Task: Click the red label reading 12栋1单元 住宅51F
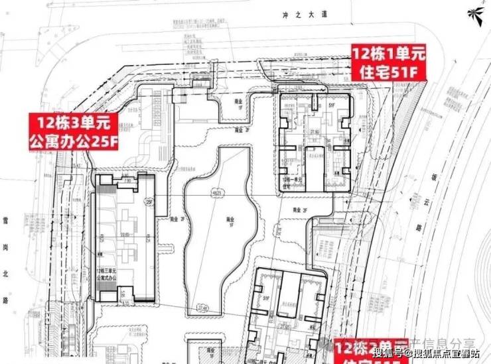point(388,63)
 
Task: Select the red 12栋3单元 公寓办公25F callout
point(72,131)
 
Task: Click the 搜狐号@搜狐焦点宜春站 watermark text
point(431,352)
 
